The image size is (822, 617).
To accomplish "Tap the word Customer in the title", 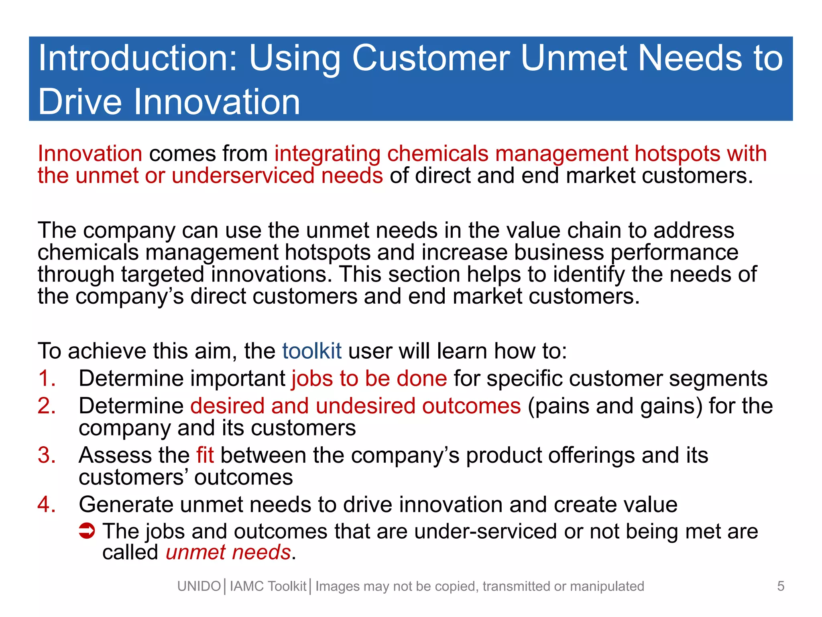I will [431, 59].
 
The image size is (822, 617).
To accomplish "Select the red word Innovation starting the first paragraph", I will [90, 154].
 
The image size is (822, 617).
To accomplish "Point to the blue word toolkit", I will [311, 351].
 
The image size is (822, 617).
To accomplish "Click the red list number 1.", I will [47, 379].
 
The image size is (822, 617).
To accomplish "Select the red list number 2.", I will [47, 406].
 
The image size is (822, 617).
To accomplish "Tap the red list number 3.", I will [47, 456].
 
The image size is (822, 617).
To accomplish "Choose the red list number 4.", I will [47, 505].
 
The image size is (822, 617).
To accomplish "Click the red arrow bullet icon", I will [87, 531].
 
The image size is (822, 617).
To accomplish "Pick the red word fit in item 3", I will [205, 456].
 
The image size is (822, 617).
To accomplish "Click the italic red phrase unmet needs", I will [228, 552].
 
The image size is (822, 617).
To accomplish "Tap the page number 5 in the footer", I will [780, 586].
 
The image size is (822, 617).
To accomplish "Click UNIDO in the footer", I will [199, 586].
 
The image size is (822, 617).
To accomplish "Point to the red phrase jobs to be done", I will [369, 379].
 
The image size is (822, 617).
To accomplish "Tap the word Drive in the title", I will [79, 102].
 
